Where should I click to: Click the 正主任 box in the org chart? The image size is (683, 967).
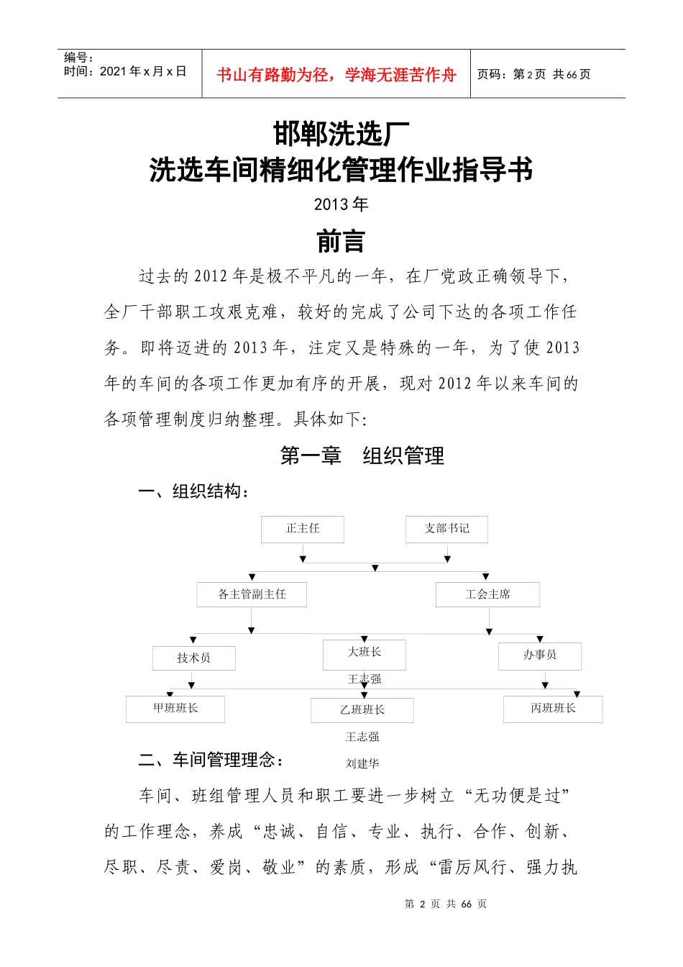303,529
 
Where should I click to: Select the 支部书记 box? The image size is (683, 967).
446,529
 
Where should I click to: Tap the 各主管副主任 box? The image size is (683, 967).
252,594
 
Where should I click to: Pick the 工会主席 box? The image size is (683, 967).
487,594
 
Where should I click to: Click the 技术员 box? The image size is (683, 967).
193,658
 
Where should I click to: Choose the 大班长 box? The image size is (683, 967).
365,653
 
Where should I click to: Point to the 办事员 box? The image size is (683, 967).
540,655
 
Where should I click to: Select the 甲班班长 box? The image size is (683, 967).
175,709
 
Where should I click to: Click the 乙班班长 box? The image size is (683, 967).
362,710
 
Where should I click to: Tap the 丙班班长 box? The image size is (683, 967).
553,709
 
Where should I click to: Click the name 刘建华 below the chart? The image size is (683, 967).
362,763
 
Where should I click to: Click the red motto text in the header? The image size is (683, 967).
336,75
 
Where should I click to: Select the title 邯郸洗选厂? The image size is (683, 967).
341,134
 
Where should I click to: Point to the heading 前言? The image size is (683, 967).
341,242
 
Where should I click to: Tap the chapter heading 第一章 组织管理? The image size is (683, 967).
362,455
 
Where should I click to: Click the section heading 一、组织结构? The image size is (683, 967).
194,491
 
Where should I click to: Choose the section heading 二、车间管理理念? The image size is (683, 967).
211,760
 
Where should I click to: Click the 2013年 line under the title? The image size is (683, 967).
341,204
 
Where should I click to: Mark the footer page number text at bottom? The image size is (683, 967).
446,904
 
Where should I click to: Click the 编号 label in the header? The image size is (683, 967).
79,58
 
